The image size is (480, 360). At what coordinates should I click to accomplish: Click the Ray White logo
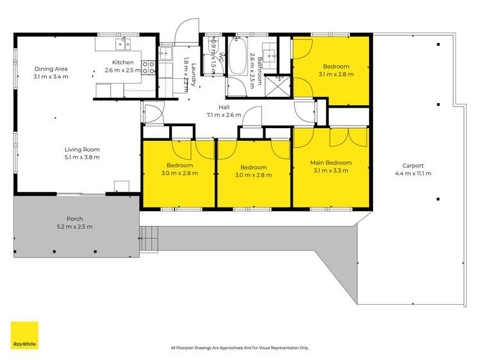point(24,335)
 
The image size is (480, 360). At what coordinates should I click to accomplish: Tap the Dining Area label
point(51,69)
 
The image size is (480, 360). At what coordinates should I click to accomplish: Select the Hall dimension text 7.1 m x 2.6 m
point(224,115)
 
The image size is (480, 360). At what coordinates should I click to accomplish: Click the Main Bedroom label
point(330,163)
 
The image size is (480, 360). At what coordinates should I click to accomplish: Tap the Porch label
point(76,219)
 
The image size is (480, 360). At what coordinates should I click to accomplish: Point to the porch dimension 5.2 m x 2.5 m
point(76,227)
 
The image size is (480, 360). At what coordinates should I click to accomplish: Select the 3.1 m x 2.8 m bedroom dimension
point(336,74)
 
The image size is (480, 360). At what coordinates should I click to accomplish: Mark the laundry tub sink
point(166,53)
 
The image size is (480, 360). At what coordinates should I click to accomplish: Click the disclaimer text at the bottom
point(240,348)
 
